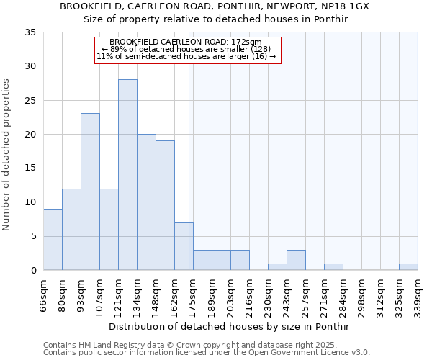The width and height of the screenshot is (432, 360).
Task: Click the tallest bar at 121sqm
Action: [x=127, y=175]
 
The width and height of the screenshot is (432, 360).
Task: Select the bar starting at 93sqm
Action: [x=90, y=192]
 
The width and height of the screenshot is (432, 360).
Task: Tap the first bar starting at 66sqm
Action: [x=53, y=239]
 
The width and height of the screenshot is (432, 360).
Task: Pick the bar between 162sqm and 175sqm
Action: [x=184, y=246]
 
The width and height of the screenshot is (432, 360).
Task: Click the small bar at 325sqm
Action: [x=408, y=267]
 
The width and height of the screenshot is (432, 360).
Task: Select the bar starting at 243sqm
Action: [x=296, y=260]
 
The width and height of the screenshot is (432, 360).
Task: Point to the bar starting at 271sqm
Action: [x=333, y=267]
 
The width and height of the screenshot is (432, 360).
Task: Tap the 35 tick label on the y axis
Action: [x=30, y=32]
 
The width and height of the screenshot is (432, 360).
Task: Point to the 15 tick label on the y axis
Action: [x=30, y=168]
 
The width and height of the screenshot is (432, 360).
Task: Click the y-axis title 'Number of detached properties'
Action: [x=7, y=155]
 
